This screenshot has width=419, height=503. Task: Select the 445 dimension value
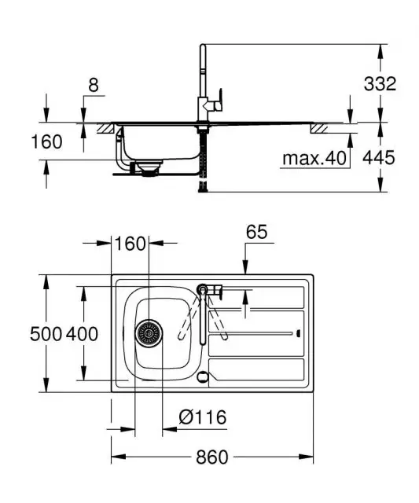(x=379, y=157)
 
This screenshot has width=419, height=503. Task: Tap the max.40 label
(x=314, y=158)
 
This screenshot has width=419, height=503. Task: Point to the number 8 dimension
(x=94, y=86)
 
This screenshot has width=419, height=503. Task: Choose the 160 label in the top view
(x=130, y=244)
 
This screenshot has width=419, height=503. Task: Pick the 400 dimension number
(x=82, y=334)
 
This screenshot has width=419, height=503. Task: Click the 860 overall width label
(x=211, y=457)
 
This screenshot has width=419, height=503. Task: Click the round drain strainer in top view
(x=148, y=334)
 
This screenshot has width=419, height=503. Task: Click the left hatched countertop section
(x=104, y=127)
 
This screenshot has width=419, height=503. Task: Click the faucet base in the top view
(x=204, y=289)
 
